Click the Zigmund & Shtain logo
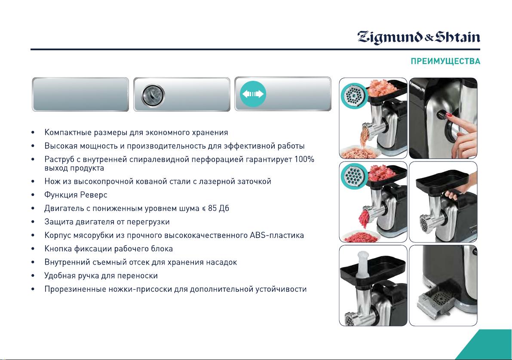tap(419, 37)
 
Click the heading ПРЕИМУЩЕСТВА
tap(445, 61)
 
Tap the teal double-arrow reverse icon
tap(253, 94)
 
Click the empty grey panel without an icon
tap(80, 95)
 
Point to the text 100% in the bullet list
tap(304, 160)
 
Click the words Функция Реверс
tap(76, 195)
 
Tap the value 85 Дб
tap(218, 208)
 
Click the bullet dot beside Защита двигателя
tap(33, 222)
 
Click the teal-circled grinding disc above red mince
tap(354, 176)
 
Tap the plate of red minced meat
tap(361, 237)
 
